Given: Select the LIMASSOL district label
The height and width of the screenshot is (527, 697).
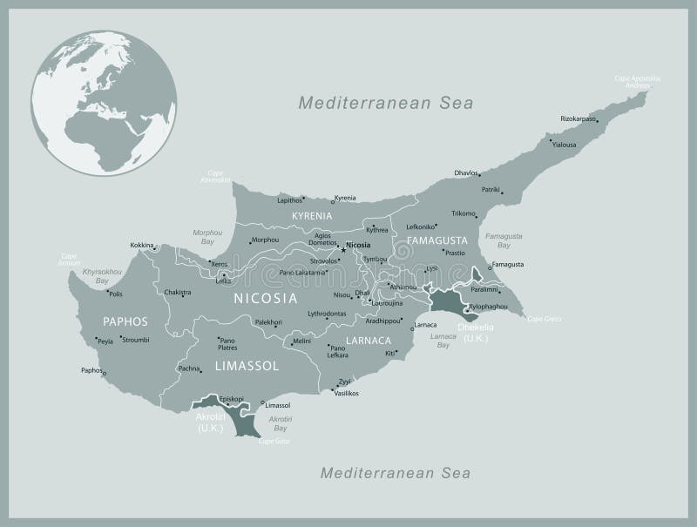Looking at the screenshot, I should click(247, 367).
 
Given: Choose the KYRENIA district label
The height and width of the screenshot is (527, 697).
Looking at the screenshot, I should click(312, 215).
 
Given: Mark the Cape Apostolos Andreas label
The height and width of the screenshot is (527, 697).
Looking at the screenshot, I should click(637, 81).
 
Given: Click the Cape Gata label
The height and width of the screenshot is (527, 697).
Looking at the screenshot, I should click(274, 442).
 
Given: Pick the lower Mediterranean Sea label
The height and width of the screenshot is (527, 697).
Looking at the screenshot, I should click(396, 473).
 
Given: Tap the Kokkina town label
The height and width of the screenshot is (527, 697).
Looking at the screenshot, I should click(142, 246).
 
